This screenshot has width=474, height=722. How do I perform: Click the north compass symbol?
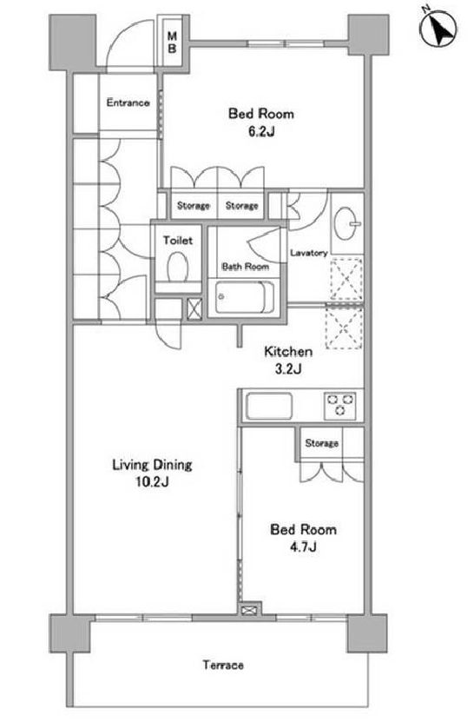point(439,30)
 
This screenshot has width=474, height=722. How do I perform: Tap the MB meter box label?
point(172,43)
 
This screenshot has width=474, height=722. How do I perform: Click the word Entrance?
point(128,103)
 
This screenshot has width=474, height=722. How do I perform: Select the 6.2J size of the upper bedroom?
point(261,132)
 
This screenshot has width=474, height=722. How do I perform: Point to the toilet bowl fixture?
point(178,267)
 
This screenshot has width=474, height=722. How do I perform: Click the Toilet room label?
point(178,240)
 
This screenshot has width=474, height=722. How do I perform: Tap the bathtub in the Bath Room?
point(245,297)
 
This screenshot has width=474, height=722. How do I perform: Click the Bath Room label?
point(246,266)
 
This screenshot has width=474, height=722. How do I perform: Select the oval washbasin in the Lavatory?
point(346,223)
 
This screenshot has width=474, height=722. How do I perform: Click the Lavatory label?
point(309,253)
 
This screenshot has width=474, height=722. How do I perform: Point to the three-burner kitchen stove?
point(340,406)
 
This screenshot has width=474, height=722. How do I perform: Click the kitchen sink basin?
point(269,406)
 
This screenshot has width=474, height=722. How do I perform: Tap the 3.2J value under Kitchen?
point(288,369)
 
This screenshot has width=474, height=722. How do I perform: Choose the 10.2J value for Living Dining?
point(152,482)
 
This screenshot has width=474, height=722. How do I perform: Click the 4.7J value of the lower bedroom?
point(303,547)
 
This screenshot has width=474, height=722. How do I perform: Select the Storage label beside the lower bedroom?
point(322,443)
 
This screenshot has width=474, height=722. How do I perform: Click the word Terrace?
point(224,665)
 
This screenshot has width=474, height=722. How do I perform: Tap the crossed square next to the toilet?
point(194,309)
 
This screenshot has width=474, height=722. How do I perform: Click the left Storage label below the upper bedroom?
point(194,205)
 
